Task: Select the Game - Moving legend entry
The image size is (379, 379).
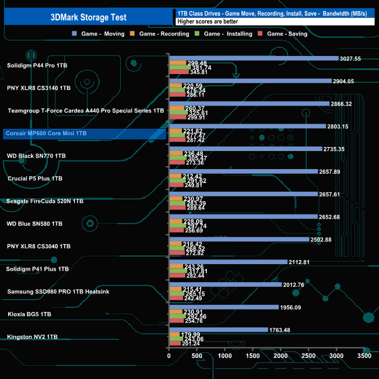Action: click(102, 34)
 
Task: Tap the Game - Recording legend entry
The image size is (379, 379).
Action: click(164, 34)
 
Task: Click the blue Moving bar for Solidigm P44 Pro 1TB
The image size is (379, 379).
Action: click(253, 58)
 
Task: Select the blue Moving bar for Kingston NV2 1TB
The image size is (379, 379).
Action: click(218, 329)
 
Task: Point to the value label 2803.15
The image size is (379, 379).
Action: click(341, 127)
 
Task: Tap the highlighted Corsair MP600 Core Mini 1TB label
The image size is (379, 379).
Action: click(45, 134)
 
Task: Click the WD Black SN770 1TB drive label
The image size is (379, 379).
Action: click(36, 156)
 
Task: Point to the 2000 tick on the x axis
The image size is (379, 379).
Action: click(280, 355)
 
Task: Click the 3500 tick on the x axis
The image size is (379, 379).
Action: click(364, 355)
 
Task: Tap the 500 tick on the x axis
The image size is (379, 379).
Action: click(197, 355)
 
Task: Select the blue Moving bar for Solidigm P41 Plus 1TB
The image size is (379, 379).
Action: click(228, 262)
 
